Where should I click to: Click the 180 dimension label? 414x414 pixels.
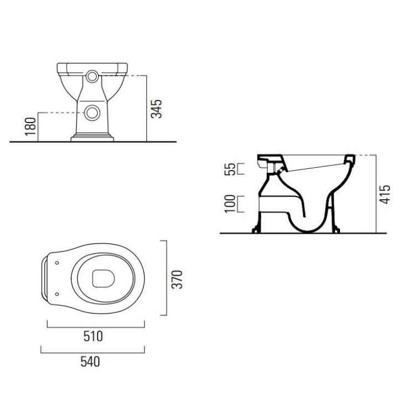31,126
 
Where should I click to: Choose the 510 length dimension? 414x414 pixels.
93,336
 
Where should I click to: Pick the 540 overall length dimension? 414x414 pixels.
90,362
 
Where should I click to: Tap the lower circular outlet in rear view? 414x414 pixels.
93,113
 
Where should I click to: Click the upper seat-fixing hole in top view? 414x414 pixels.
56,263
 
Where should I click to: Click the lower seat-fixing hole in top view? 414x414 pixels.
56,294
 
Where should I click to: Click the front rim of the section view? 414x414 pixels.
349,160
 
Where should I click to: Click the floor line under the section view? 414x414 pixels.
302,234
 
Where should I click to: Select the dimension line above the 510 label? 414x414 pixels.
96,325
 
